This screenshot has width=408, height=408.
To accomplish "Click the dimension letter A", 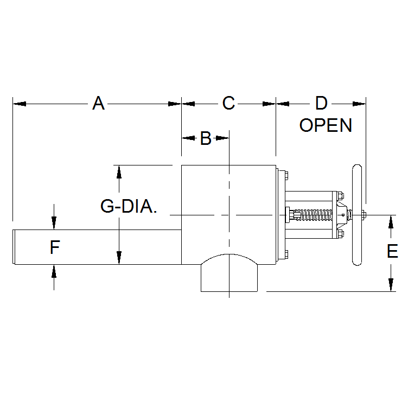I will [x=98, y=103].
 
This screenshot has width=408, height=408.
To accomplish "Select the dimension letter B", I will [x=205, y=138].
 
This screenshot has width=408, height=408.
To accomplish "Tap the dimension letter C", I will [x=228, y=103].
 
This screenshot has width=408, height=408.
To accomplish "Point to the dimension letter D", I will [x=321, y=103].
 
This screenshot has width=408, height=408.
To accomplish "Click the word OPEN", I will [x=326, y=125].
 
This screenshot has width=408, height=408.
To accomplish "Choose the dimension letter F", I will [x=54, y=248].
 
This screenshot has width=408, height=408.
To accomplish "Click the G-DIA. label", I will [x=129, y=207].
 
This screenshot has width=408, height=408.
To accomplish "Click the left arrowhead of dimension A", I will [x=17, y=103].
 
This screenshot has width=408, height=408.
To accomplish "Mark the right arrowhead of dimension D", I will [x=361, y=103].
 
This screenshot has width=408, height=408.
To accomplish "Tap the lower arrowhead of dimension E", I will [x=391, y=286].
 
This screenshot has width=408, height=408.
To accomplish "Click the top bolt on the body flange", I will [x=283, y=175].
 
